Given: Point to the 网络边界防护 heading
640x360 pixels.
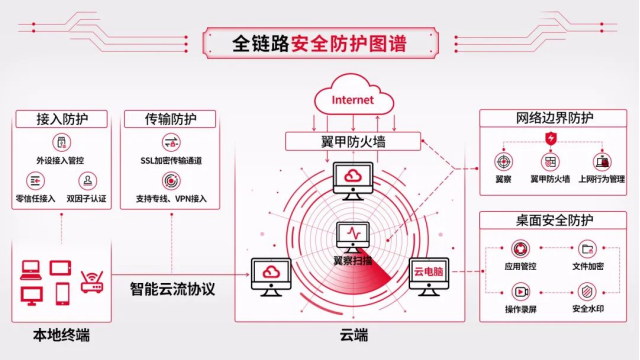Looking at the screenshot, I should pos(552,118).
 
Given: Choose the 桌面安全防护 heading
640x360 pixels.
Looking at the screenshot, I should pos(552,219).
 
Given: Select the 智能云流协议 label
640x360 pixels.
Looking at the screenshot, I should pos(173,289).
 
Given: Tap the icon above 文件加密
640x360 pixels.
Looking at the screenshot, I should pos(586,249).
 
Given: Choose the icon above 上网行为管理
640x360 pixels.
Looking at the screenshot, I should pos(602,161).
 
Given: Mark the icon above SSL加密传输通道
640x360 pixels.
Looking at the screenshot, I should pos(170,141).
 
